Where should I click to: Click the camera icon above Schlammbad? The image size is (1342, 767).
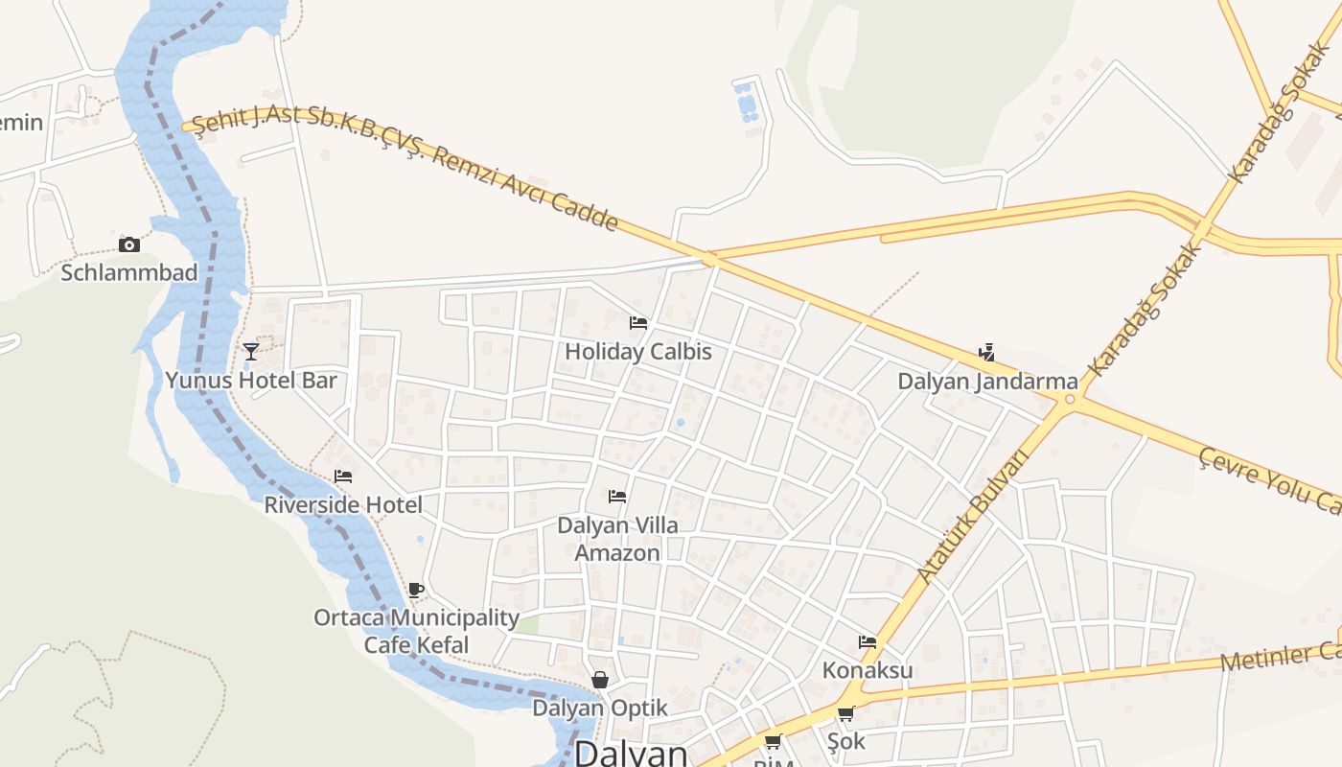pyautogui.click(x=128, y=245)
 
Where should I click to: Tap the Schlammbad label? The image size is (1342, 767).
pyautogui.click(x=129, y=272)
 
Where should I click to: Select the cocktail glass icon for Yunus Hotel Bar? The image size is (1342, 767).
pyautogui.click(x=251, y=352)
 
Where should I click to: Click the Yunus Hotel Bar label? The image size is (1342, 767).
pyautogui.click(x=251, y=381)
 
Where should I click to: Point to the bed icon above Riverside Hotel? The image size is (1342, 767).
pyautogui.click(x=343, y=476)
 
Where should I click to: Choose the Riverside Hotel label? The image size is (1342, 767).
pyautogui.click(x=343, y=504)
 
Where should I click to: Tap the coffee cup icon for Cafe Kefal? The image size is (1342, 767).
pyautogui.click(x=415, y=590)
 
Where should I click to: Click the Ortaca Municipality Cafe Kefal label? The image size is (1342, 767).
pyautogui.click(x=416, y=631)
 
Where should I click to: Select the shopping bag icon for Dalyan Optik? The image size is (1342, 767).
pyautogui.click(x=599, y=680)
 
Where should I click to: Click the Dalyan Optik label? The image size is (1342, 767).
pyautogui.click(x=599, y=709)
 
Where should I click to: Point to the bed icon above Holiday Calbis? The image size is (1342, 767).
pyautogui.click(x=638, y=323)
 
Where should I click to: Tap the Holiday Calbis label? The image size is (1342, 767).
pyautogui.click(x=638, y=352)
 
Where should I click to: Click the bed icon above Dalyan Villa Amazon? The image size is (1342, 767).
pyautogui.click(x=617, y=497)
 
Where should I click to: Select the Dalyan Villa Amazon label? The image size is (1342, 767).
pyautogui.click(x=617, y=539)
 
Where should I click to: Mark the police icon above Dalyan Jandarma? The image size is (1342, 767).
pyautogui.click(x=986, y=353)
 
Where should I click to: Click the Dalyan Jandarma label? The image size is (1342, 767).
pyautogui.click(x=987, y=382)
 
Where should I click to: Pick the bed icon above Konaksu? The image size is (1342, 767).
pyautogui.click(x=868, y=641)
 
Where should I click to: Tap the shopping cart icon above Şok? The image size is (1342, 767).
pyautogui.click(x=845, y=713)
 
